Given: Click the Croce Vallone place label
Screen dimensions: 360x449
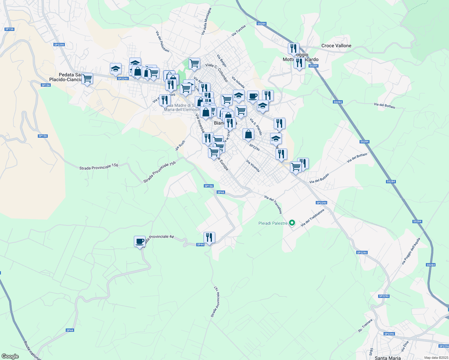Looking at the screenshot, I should (336, 46).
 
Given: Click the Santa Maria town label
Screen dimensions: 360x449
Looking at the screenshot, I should (388, 358).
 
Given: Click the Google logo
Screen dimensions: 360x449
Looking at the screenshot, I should (10, 356).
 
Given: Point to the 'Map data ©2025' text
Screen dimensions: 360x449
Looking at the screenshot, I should (436, 358).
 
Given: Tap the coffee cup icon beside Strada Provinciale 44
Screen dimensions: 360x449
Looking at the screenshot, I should (140, 241).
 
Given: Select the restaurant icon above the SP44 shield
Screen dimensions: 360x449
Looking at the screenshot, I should (209, 237).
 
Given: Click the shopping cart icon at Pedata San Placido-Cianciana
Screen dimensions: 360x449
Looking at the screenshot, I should (87, 79).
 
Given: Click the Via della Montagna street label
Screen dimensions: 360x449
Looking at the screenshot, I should (206, 21).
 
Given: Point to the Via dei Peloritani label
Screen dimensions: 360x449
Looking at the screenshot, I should (163, 42).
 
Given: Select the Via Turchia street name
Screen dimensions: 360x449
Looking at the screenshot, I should (239, 31).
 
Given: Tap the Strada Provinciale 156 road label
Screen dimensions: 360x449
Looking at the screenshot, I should (99, 167).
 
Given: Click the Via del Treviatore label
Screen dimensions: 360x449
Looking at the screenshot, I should (273, 204).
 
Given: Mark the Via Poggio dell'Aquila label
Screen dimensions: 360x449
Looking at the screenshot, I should (411, 251).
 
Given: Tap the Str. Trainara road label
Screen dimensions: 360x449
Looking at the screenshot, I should (365, 325).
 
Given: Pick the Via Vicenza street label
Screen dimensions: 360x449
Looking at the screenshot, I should (253, 166).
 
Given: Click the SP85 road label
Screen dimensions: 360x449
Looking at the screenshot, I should (371, 352).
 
